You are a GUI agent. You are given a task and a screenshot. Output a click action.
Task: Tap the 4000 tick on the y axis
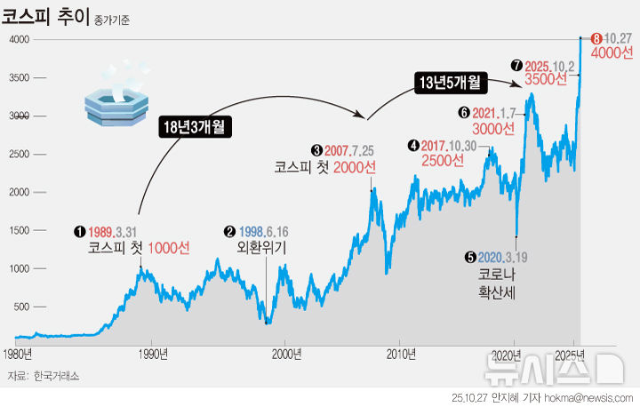pos(21,40)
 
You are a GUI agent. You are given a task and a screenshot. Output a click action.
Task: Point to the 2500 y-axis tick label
pos(21,155)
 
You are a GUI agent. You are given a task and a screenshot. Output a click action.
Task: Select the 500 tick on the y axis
pos(24,307)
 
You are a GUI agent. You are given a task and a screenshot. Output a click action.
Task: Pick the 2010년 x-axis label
pos(402,355)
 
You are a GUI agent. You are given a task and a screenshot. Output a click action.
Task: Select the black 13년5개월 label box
pos(451,83)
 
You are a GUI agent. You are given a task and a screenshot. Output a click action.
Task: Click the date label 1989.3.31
pos(118,232)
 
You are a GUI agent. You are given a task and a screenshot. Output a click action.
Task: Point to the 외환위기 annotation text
pos(261,248)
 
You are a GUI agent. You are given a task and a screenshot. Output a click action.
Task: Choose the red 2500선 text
pos(443,161)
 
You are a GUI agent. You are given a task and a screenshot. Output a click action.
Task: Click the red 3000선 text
pos(493,128)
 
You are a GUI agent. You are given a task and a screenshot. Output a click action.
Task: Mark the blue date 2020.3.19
pos(503,257)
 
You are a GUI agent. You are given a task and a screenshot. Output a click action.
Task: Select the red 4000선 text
pos(612,53)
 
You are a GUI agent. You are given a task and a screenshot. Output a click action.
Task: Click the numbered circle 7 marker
pos(516,65)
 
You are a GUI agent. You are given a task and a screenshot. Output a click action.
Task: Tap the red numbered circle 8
pos(596,38)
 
